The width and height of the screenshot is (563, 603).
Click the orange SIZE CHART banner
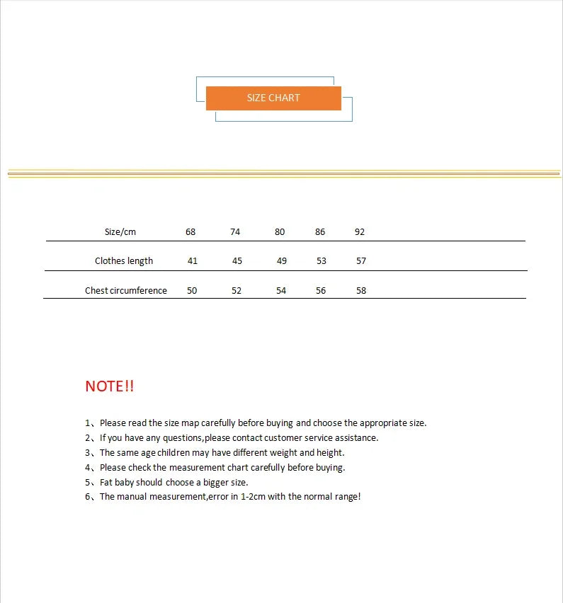[x=273, y=98]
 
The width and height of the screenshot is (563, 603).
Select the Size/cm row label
[x=120, y=232]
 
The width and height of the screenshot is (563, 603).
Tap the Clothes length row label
[x=124, y=261]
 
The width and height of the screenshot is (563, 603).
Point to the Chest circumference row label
[x=126, y=291]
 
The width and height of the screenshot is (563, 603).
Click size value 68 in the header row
[x=190, y=232]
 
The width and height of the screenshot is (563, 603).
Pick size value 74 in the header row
[x=235, y=232]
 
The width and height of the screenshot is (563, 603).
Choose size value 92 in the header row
[x=360, y=232]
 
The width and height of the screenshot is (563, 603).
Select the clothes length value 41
[x=193, y=261]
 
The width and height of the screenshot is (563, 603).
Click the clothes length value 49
[x=282, y=261]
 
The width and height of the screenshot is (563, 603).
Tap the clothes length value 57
[x=361, y=261]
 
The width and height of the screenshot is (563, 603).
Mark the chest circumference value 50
[x=192, y=291]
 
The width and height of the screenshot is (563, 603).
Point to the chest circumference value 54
[x=281, y=291]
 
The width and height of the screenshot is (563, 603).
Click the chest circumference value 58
[x=361, y=291]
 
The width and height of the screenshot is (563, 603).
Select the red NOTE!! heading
[x=109, y=386]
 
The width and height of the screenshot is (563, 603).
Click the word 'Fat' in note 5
[x=107, y=482]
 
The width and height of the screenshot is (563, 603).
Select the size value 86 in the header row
[x=320, y=232]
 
